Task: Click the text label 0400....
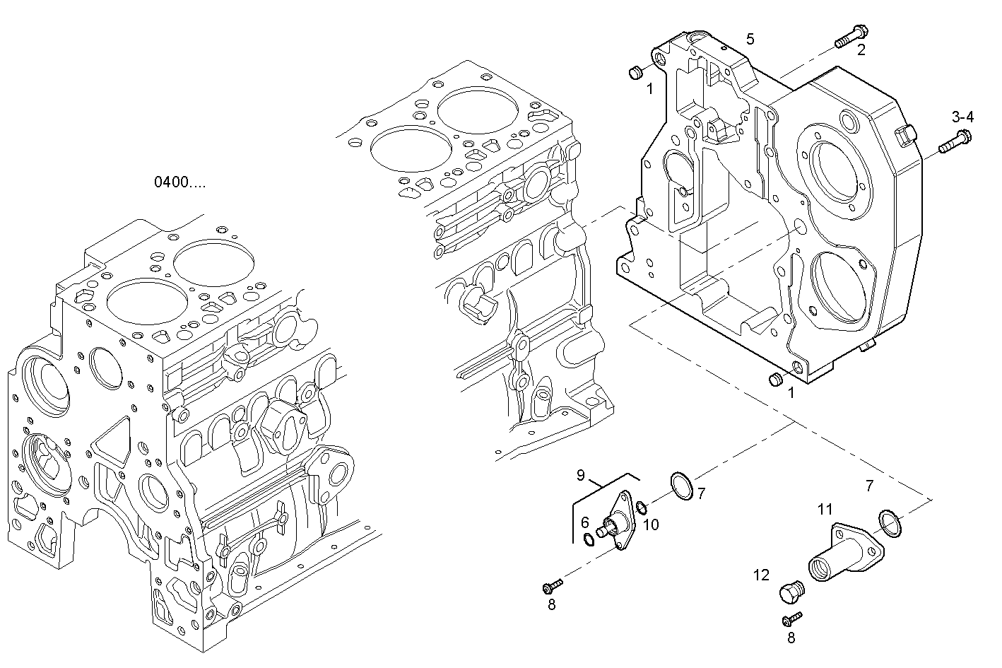coord(180,182)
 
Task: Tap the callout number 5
coord(750,39)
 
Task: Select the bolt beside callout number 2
coord(851,36)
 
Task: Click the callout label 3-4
coord(962,117)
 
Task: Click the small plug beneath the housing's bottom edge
coord(775,380)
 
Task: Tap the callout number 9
coord(580,476)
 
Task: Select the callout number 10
coord(651,524)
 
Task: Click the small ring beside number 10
coord(641,508)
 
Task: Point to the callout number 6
coord(584,522)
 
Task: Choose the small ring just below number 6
coord(589,541)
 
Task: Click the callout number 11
coord(825,509)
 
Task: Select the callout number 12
coord(761,575)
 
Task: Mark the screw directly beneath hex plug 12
coord(792,619)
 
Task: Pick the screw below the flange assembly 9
coord(552,586)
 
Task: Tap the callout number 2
coord(861,49)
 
